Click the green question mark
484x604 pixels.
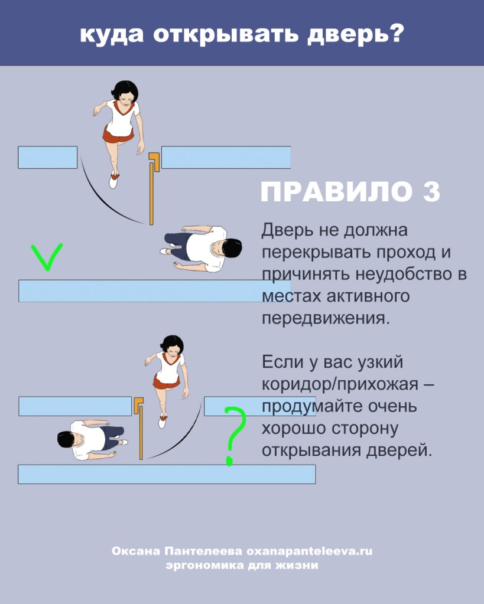click(234, 434)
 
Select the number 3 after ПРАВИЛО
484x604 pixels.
click(430, 192)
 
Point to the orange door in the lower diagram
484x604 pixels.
click(141, 431)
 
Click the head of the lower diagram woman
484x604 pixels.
click(171, 344)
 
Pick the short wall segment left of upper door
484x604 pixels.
click(47, 157)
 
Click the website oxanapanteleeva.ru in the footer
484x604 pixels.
click(308, 551)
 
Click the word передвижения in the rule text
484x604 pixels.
click(326, 317)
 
